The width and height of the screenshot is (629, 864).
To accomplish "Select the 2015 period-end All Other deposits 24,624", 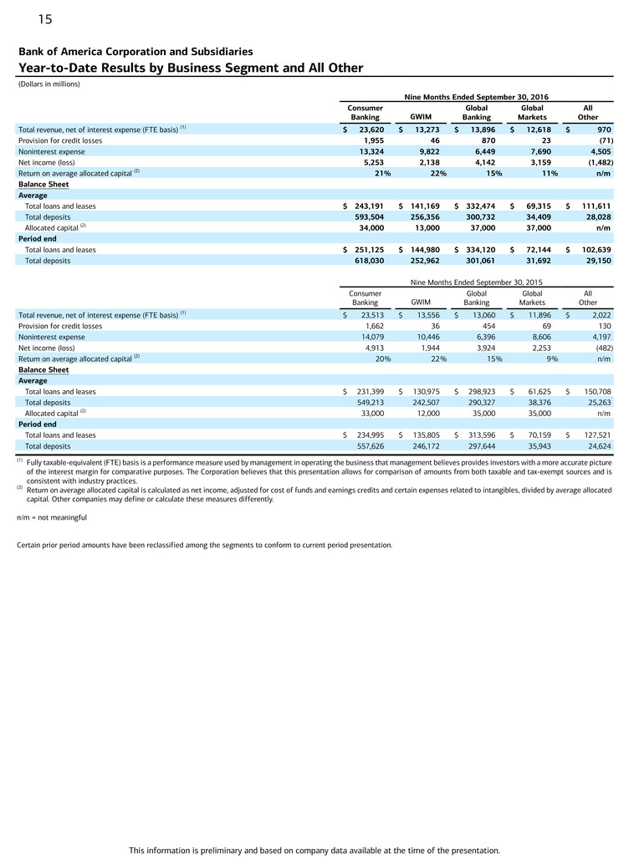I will click(596, 445).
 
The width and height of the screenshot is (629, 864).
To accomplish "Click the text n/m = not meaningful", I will click(51, 517).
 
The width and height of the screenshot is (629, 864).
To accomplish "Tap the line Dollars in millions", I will click(49, 84).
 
